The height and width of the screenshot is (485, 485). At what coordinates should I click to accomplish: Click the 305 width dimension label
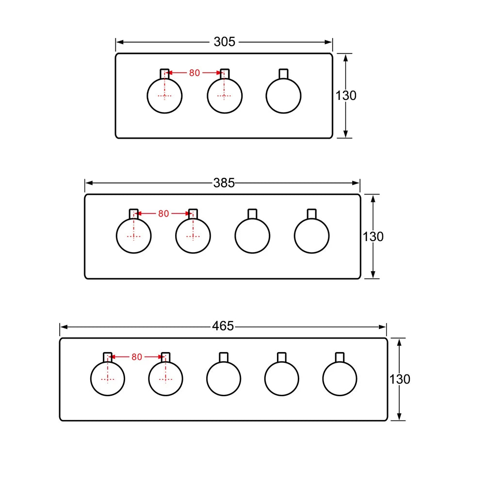point(224,42)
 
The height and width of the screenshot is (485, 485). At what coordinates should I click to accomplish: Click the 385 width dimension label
point(224,183)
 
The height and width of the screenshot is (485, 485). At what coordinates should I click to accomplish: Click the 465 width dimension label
point(223,326)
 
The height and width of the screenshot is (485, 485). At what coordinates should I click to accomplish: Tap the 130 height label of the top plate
point(346,96)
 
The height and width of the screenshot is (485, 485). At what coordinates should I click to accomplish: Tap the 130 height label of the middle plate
point(373,237)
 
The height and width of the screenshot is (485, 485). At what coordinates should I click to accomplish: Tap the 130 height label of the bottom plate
point(400,379)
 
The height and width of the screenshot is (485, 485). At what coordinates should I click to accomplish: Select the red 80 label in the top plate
point(194,73)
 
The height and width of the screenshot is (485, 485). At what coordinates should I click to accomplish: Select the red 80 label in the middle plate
point(163,213)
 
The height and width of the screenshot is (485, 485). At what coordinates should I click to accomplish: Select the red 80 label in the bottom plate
point(137,357)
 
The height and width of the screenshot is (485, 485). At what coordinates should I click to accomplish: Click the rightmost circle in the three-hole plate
point(284,96)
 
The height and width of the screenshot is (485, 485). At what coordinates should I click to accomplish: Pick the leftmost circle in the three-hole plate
point(165,96)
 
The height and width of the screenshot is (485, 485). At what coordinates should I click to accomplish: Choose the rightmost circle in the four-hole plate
point(312,236)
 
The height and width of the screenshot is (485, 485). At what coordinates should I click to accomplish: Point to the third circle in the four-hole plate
point(252,236)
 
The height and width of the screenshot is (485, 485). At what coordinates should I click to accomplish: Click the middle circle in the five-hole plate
point(224,379)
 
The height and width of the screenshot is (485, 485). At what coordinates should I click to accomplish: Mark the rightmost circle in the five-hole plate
point(339,379)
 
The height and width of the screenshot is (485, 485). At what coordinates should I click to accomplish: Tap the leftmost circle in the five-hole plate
point(108,379)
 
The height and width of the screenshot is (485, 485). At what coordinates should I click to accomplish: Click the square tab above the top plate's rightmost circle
point(284,74)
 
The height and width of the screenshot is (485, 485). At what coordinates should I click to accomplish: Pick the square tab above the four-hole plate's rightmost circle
point(312,214)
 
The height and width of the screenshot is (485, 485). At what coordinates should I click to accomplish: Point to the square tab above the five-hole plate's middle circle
point(224,357)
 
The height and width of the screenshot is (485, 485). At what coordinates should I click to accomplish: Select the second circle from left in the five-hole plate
point(166,379)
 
